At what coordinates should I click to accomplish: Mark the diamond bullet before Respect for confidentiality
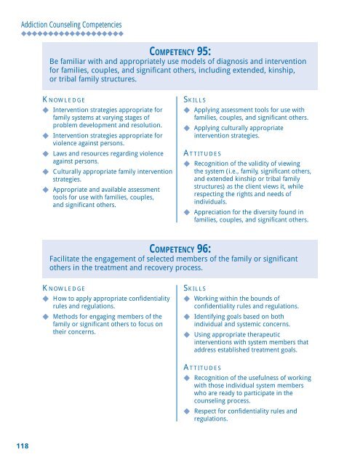click(x=187, y=411)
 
